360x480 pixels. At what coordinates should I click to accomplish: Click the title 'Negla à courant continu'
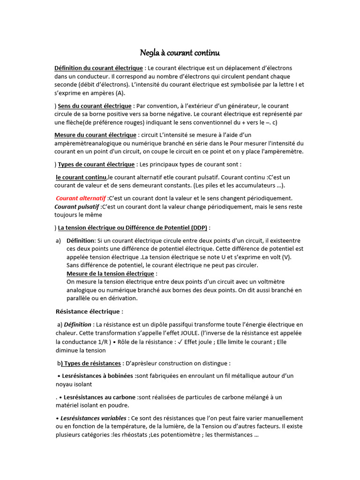click(180, 52)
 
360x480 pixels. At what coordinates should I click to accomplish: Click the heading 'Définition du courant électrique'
click(98, 68)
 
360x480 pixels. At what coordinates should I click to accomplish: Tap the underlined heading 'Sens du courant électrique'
click(95, 106)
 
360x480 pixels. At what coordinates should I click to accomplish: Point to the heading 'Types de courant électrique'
click(96, 165)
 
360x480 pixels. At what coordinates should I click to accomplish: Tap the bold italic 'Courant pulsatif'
click(77, 207)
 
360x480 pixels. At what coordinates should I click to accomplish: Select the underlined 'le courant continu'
click(81, 177)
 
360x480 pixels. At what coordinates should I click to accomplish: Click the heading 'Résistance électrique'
click(89, 311)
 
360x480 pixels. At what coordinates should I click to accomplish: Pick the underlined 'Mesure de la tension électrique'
click(110, 273)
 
